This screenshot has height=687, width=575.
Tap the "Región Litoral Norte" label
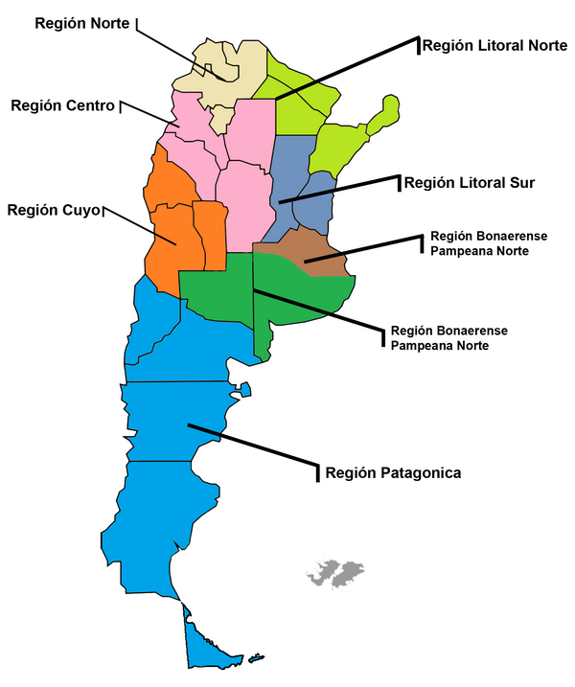[494, 45]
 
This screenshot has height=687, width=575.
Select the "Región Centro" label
[63, 105]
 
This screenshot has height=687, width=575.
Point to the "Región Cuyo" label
[53, 210]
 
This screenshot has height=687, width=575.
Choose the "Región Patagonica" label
[393, 472]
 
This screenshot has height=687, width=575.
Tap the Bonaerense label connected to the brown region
[480, 242]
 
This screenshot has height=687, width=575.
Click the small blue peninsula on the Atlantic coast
[245, 389]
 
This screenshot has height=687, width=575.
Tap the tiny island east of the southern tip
[256, 658]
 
